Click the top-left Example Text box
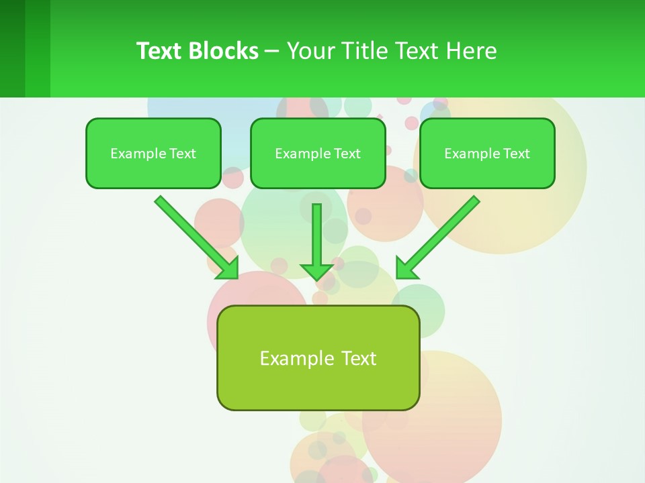[153, 153]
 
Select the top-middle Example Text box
[318, 153]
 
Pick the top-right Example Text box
[487, 153]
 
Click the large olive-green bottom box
[318, 358]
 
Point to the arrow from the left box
[191, 232]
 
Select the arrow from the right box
[443, 232]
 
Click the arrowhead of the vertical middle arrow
[316, 271]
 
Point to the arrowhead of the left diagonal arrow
[228, 268]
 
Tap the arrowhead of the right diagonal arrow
[406, 268]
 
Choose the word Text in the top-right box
[516, 154]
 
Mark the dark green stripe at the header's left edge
[12, 48]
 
